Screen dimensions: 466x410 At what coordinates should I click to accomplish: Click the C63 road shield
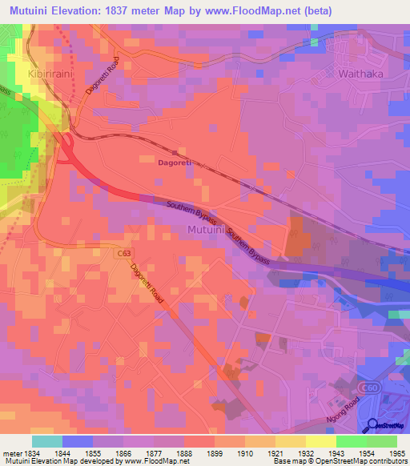click(123, 254)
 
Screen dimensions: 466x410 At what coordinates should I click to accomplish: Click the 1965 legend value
click(396, 452)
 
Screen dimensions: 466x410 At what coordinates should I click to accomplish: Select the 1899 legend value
click(213, 452)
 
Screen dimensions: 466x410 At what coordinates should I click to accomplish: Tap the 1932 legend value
click(304, 452)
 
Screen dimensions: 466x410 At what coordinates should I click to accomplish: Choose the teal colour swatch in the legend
click(47, 441)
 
